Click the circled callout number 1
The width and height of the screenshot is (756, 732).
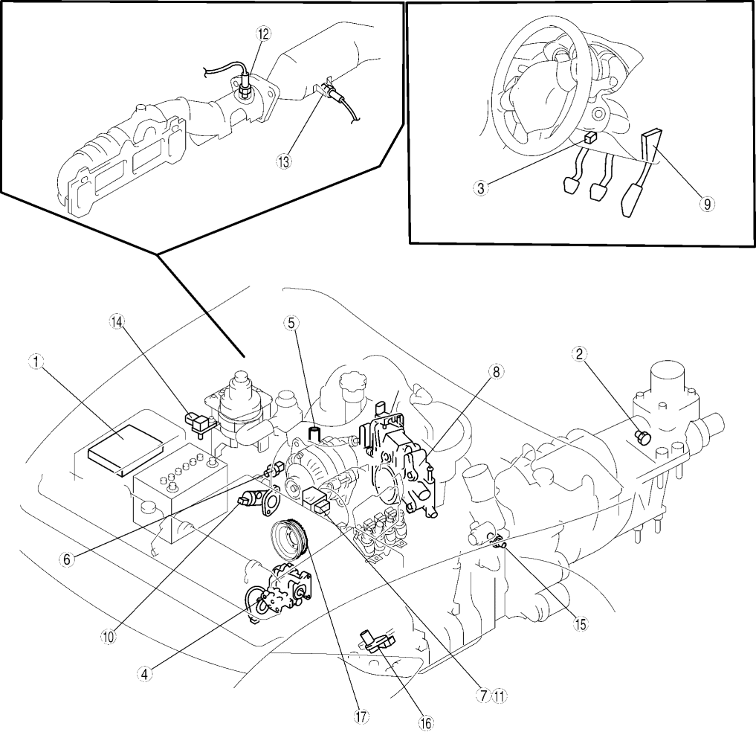34,362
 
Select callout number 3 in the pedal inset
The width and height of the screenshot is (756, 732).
482,187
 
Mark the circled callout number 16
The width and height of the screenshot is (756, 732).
427,722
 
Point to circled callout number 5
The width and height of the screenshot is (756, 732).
291,322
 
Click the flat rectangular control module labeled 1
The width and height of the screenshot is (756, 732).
123,449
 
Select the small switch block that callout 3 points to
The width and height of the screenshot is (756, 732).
588,138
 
